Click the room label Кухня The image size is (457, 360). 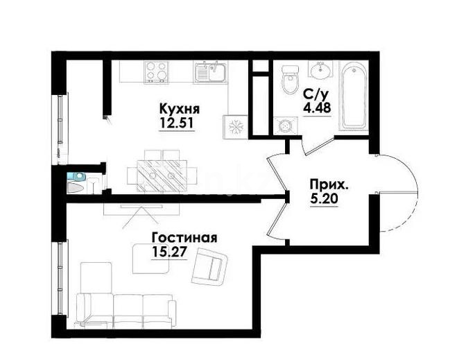pos(179,110)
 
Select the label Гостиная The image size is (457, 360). pos(184,238)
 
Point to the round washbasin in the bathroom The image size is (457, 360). pos(320,69)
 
